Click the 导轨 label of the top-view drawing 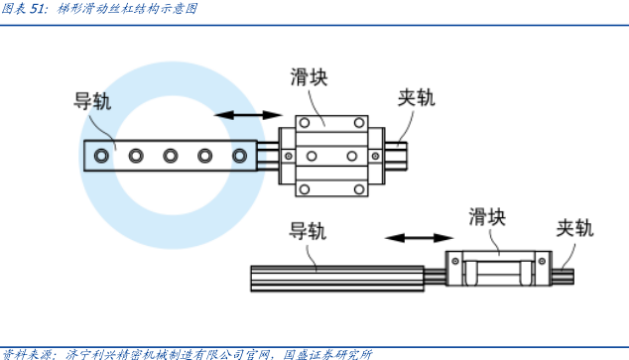92,101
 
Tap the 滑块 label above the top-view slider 309,77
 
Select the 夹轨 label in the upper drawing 417,97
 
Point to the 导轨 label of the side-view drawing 308,231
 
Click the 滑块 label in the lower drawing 487,217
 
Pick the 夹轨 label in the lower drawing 574,228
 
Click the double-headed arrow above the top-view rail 249,115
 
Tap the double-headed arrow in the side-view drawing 420,238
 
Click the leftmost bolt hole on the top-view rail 101,156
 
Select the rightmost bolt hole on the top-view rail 239,156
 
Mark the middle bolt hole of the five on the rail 171,156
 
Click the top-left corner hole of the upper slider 305,123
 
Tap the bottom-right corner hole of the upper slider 359,189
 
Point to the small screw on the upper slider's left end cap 288,156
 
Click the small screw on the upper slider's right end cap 375,156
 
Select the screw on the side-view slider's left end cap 455,261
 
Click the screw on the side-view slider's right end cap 542,261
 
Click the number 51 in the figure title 36,8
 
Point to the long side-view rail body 337,279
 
